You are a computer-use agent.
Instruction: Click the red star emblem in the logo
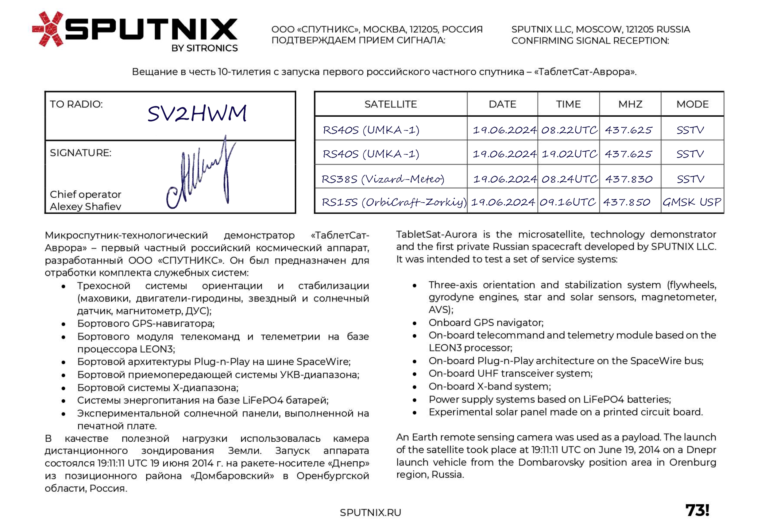tap(48, 29)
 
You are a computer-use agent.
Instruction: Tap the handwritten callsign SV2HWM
tap(197, 113)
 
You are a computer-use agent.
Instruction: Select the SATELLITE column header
tap(390, 104)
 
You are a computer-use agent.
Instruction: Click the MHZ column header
tap(630, 104)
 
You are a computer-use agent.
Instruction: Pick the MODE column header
tap(692, 104)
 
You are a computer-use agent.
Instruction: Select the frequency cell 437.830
tap(629, 179)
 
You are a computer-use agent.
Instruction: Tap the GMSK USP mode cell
tap(692, 202)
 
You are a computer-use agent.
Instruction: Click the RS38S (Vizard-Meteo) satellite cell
tap(383, 179)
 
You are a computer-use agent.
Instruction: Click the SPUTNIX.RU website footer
tap(370, 513)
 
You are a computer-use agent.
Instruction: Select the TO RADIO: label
tap(76, 104)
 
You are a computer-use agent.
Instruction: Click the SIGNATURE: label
tap(80, 153)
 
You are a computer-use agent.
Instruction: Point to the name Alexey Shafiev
tap(86, 207)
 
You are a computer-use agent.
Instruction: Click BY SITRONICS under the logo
tap(204, 48)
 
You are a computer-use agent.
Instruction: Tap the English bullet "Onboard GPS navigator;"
tap(486, 323)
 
